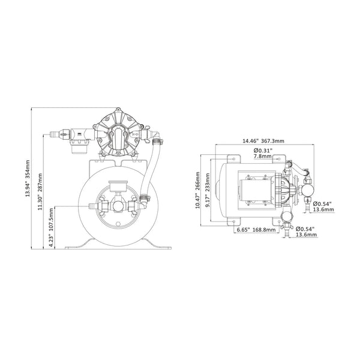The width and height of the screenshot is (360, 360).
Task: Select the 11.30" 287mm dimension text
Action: tap(41, 193)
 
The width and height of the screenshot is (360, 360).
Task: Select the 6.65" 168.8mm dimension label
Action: tap(256, 229)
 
